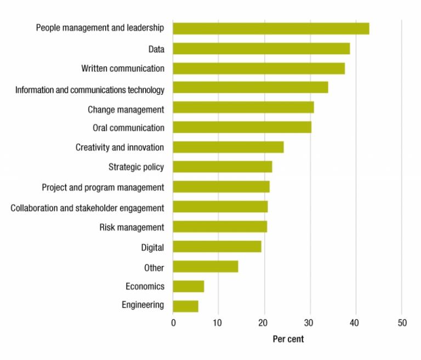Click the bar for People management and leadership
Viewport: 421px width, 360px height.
point(271,29)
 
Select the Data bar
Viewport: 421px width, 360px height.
point(261,49)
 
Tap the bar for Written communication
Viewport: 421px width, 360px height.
point(259,69)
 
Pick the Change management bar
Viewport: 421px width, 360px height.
point(243,108)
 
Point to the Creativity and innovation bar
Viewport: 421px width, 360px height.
point(228,147)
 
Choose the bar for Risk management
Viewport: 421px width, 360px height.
point(220,227)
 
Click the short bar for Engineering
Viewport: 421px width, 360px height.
point(185,306)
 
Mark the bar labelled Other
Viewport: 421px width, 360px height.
point(205,267)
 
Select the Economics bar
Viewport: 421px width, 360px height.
point(189,286)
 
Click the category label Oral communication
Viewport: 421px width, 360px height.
point(128,128)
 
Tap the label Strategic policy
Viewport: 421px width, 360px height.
point(136,167)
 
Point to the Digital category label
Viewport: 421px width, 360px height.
point(152,248)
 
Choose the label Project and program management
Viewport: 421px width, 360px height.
point(103,188)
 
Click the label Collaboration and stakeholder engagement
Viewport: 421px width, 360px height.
point(87,207)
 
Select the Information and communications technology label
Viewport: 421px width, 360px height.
point(90,89)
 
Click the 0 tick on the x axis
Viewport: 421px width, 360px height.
point(173,323)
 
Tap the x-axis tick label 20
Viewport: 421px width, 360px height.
point(265,323)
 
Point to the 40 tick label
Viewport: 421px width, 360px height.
point(356,323)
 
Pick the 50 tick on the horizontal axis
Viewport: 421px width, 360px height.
point(402,323)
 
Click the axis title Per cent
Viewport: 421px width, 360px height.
point(288,339)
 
